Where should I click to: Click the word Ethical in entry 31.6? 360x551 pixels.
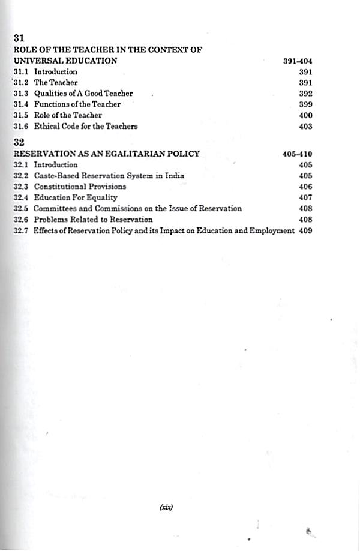tap(46, 126)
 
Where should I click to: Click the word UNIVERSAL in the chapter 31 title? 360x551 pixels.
tap(35, 61)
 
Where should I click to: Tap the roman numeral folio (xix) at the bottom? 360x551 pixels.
tap(166, 507)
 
